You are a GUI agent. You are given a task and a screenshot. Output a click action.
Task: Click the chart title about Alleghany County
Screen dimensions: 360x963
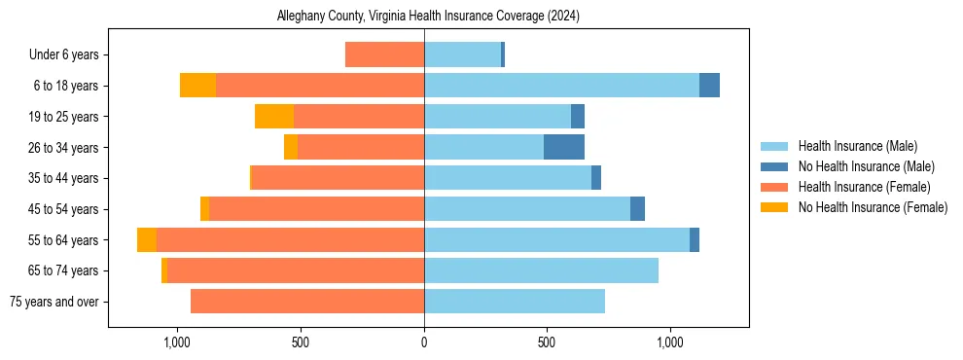coord(428,17)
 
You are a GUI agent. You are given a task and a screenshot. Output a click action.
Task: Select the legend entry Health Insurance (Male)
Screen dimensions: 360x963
coord(857,146)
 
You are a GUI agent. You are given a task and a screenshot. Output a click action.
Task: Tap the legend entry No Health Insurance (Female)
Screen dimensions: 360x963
coord(873,207)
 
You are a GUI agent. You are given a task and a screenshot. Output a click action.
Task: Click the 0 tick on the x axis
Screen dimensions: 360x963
coord(424,342)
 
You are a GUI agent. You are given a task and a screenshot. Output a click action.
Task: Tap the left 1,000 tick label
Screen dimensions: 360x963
coord(177,342)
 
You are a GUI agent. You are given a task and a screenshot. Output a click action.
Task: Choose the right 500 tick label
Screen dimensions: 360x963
coord(547,342)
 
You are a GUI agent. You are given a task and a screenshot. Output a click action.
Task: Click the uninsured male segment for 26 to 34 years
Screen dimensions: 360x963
coord(564,147)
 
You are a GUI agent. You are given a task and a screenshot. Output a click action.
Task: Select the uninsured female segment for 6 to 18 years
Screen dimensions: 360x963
coord(198,86)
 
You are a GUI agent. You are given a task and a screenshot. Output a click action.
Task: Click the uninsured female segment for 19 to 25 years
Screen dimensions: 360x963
coord(274,117)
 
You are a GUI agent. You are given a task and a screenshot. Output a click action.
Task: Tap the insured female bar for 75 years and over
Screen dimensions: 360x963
coord(307,302)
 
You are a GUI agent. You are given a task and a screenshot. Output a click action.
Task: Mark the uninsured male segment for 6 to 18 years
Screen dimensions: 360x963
coord(709,86)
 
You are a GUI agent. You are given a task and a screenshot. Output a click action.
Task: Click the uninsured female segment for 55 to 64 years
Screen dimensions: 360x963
coord(147,240)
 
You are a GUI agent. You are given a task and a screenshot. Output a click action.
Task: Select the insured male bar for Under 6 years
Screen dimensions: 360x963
coord(462,55)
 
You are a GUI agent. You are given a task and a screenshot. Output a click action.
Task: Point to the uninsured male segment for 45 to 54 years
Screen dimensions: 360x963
coord(637,209)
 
